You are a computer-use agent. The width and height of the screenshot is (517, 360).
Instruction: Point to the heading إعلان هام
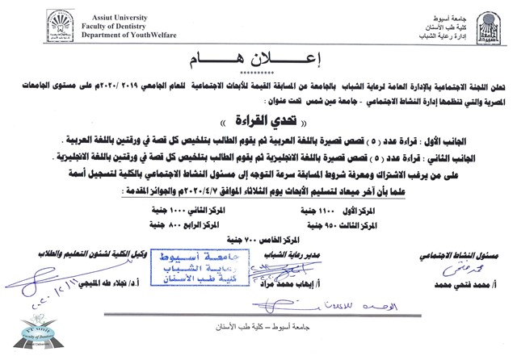[258, 60]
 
